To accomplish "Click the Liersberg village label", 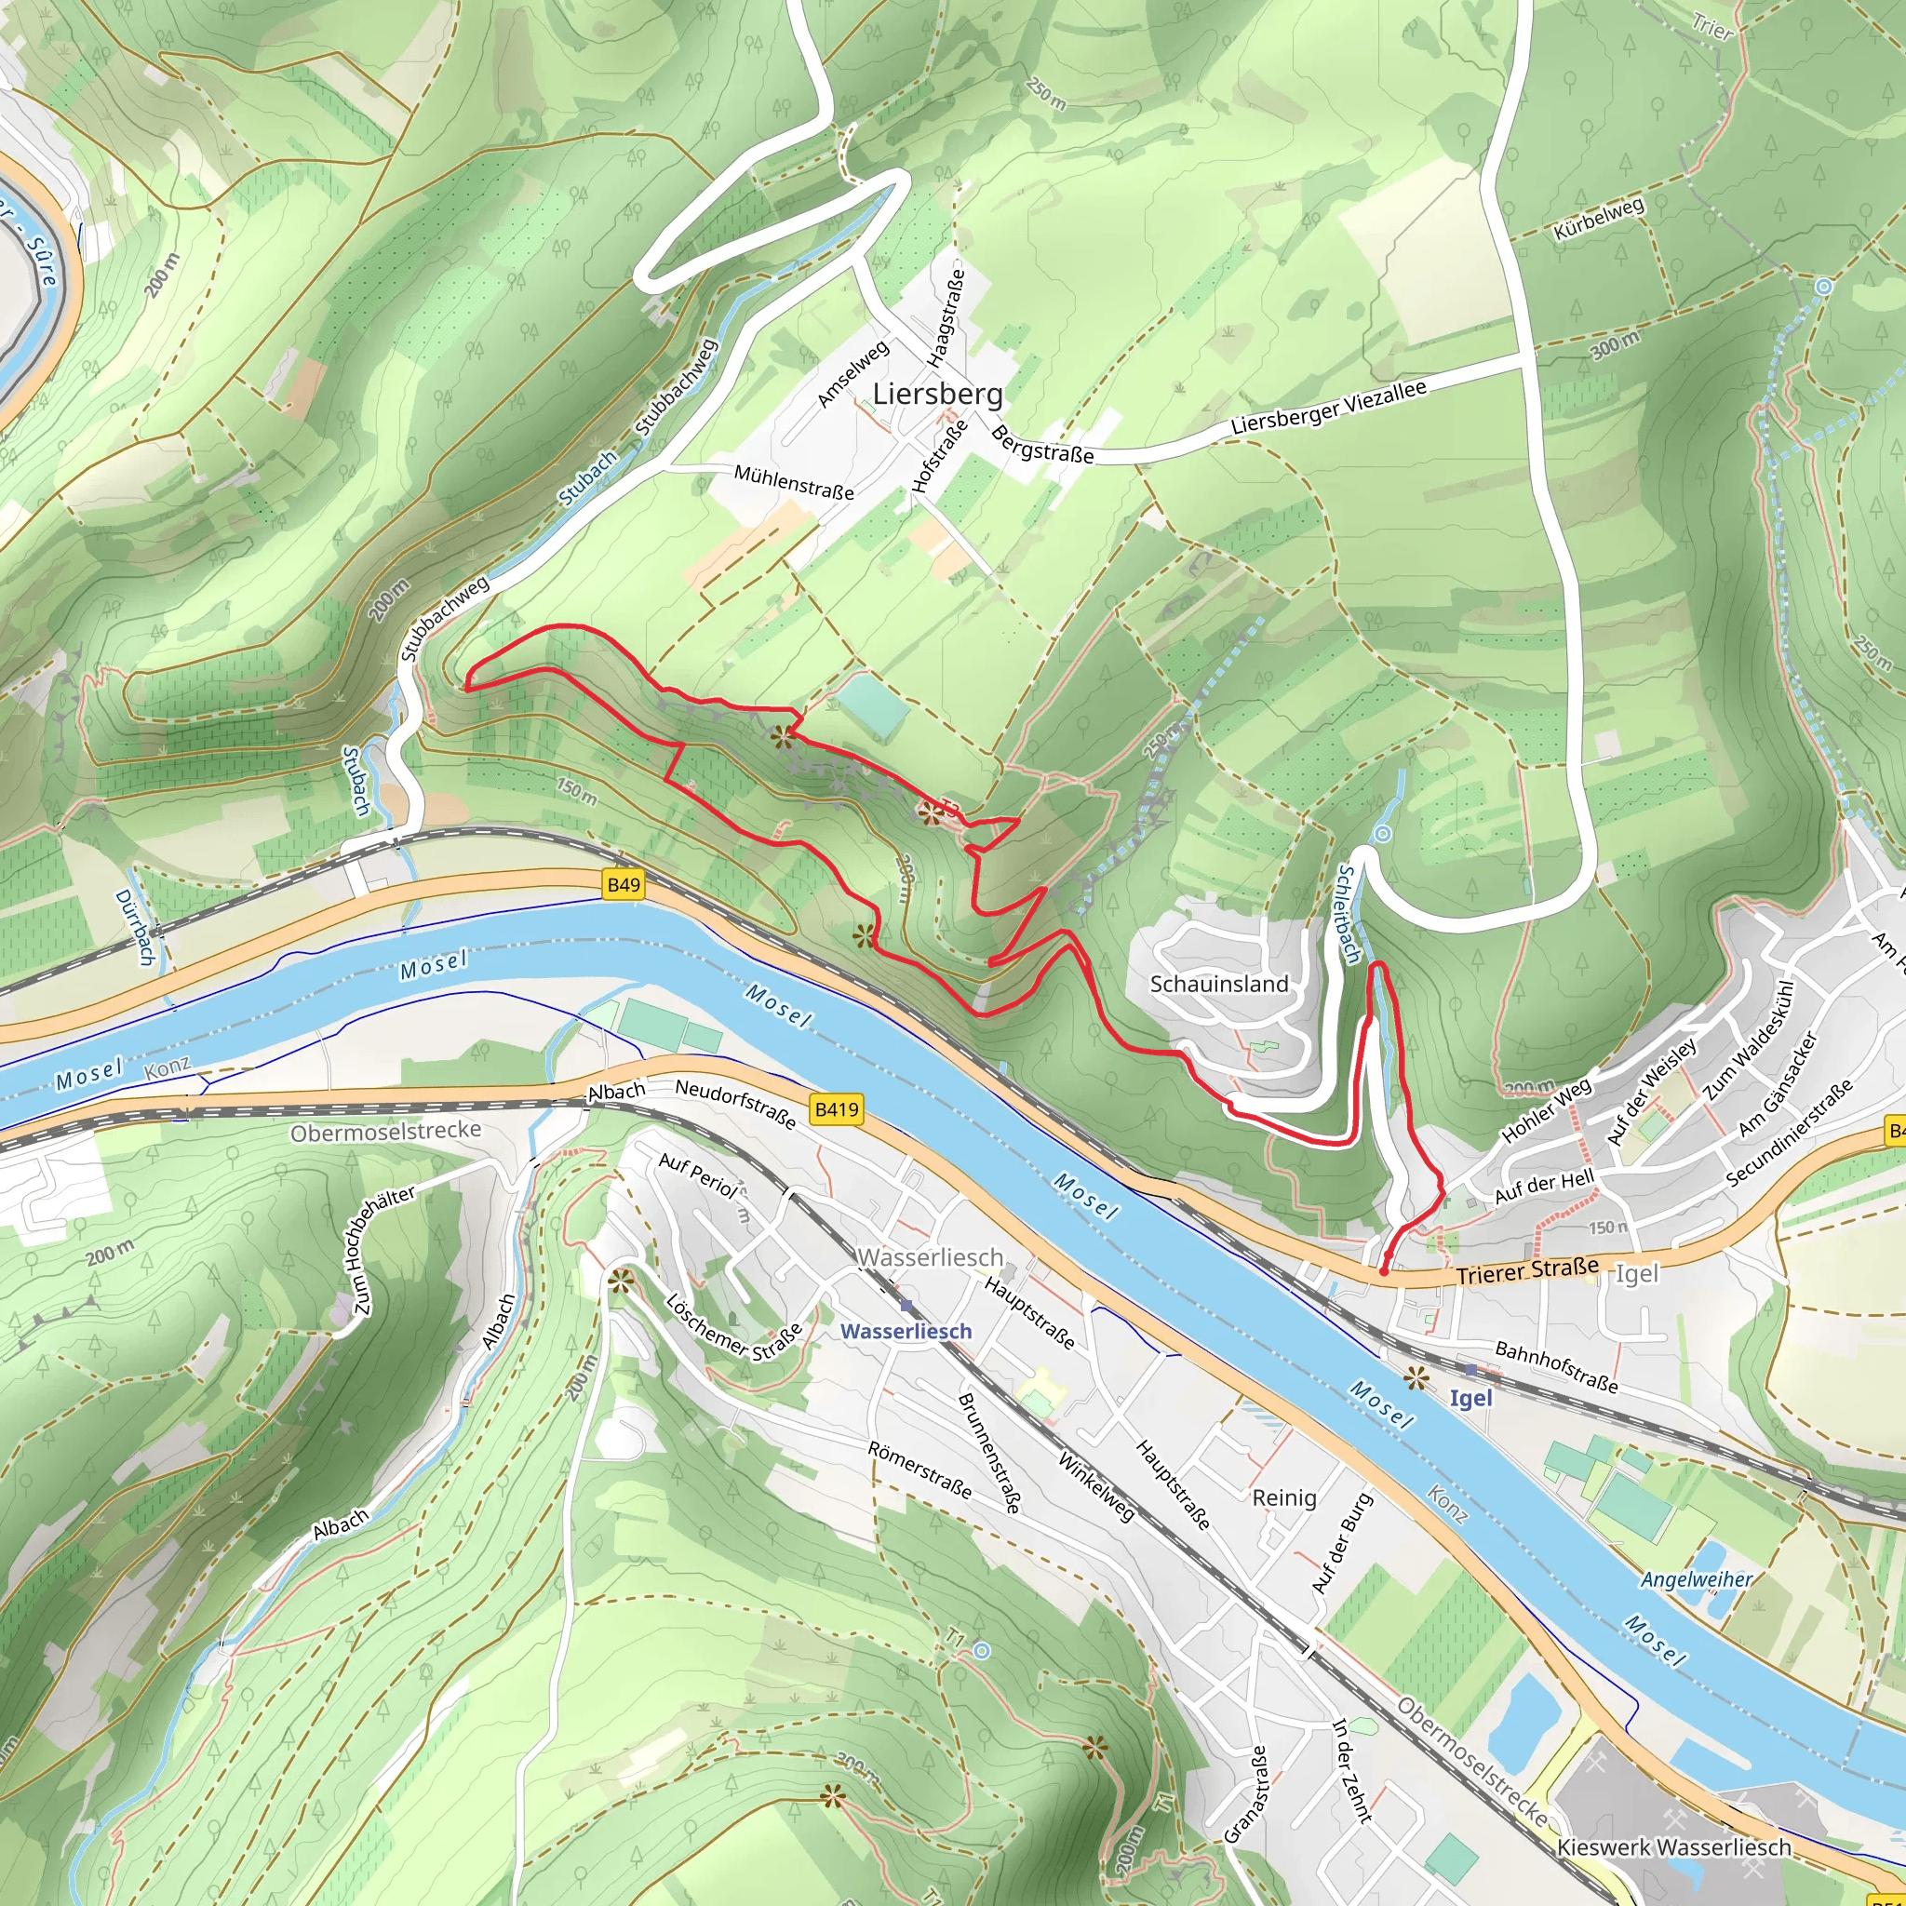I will [x=937, y=395].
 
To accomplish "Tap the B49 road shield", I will [x=624, y=885].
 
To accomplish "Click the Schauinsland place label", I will [x=1219, y=984].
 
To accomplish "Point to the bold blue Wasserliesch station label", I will [x=906, y=1332].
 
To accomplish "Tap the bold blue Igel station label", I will [x=1471, y=1398].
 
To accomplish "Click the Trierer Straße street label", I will [x=1527, y=1271].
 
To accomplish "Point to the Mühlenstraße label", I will [x=793, y=482].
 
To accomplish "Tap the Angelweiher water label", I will [x=1697, y=1580].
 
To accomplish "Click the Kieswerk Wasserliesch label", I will [x=1673, y=1846].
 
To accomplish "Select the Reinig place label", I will [x=1283, y=1497].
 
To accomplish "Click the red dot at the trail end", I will [x=1383, y=1271].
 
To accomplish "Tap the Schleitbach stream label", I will [x=1348, y=914].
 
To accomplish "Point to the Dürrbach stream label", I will [x=135, y=927].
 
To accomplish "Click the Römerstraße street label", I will [x=919, y=1469].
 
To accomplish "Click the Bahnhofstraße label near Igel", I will [x=1556, y=1366].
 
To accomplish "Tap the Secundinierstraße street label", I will [x=1789, y=1133].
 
